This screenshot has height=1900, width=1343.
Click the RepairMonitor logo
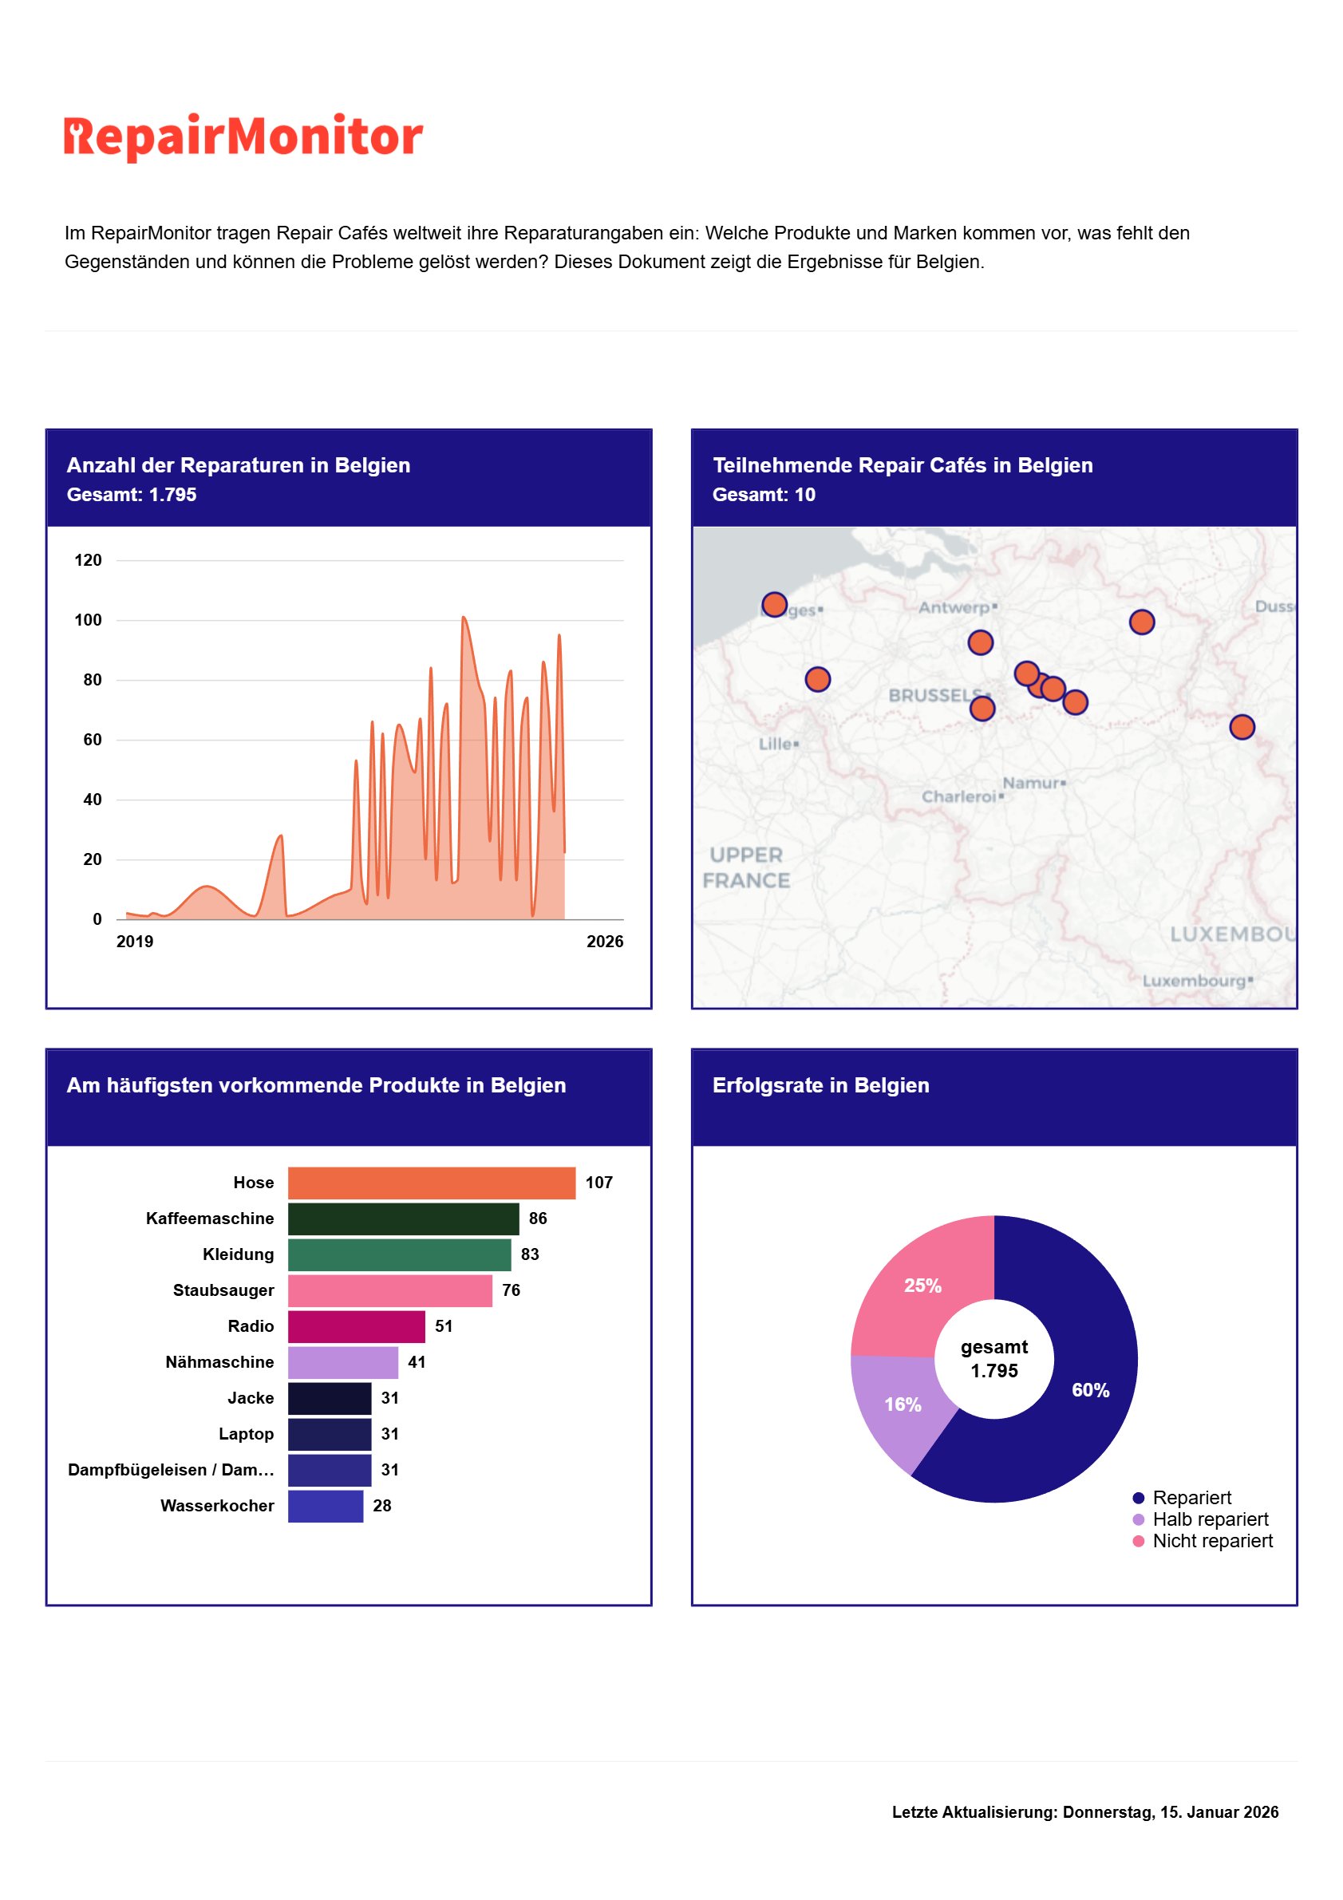[x=243, y=136]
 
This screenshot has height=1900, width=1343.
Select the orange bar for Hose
[x=431, y=1183]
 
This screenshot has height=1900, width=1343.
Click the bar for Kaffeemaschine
[x=403, y=1219]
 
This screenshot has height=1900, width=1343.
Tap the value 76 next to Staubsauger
[x=511, y=1290]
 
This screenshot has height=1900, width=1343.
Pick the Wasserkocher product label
[x=217, y=1505]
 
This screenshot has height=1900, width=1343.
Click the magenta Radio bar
[x=356, y=1326]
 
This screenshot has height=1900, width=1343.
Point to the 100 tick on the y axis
[x=88, y=620]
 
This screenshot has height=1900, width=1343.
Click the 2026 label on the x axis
[x=604, y=942]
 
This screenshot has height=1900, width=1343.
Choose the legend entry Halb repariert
[x=1210, y=1519]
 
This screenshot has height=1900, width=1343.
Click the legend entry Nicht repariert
[x=1212, y=1541]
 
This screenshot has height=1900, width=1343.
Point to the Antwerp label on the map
[x=954, y=607]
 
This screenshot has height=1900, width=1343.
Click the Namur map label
[x=1031, y=783]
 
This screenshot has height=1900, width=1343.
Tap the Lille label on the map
[x=776, y=744]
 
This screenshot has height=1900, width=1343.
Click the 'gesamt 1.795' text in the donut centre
[x=993, y=1359]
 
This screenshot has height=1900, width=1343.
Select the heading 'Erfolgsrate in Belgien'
[x=820, y=1085]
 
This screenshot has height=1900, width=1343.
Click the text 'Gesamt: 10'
[x=763, y=495]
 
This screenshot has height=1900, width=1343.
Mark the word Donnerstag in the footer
[x=1108, y=1812]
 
